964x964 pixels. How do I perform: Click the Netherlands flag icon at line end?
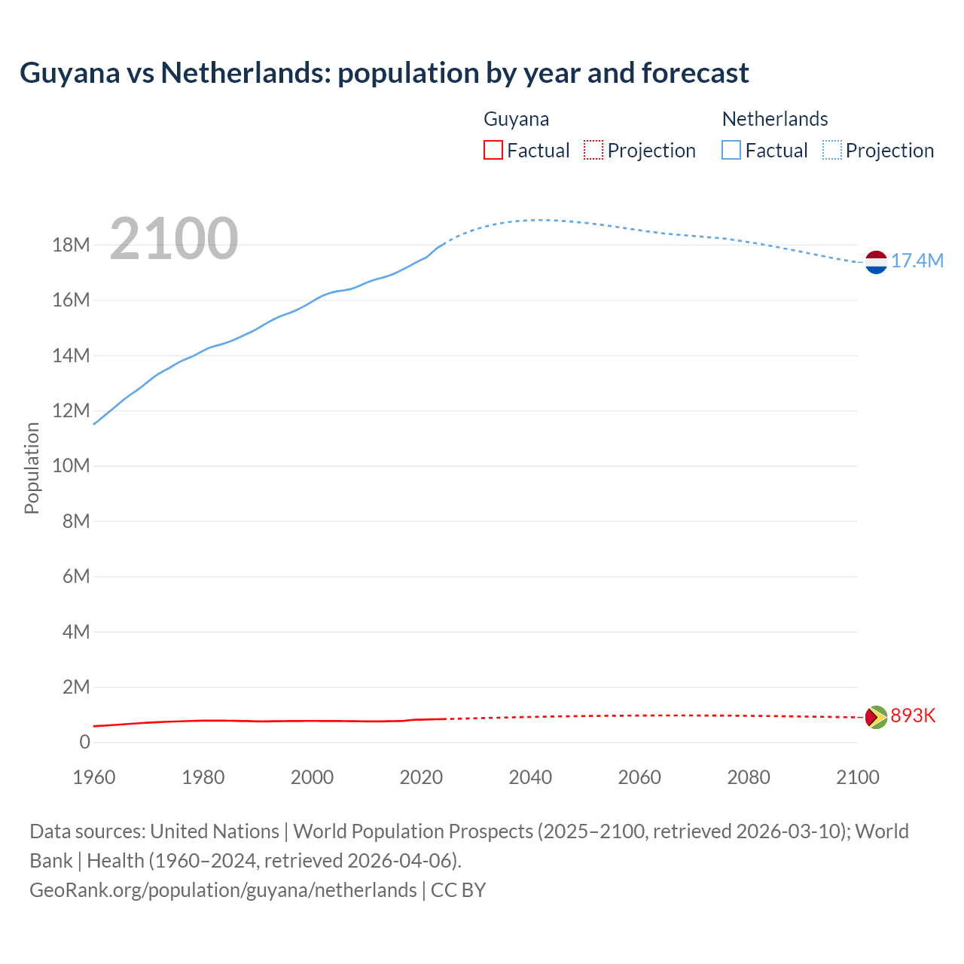pos(876,262)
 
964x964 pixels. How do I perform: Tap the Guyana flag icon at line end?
pos(876,716)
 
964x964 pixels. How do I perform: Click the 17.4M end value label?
pos(917,261)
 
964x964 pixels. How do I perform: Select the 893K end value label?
pos(913,715)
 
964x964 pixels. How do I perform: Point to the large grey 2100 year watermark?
pos(174,239)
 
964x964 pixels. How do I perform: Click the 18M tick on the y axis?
pos(72,246)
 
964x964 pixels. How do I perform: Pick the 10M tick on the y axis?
pos(72,466)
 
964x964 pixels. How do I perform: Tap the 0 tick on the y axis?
pos(84,742)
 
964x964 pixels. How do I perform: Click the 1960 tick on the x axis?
pos(94,777)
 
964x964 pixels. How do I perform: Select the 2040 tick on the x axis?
pos(530,777)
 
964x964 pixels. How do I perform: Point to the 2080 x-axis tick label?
pos(749,777)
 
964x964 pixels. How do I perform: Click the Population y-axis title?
pos(32,468)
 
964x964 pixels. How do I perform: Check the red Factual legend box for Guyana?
pos(493,150)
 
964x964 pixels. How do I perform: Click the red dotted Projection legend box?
pos(593,150)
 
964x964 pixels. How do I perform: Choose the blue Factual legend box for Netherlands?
pos(731,150)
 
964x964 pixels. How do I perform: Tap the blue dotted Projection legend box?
pos(832,150)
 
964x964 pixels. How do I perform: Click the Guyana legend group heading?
pos(516,119)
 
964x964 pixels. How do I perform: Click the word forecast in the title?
pos(695,73)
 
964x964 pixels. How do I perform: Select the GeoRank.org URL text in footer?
pos(223,890)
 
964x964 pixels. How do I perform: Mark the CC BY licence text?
pos(459,890)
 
